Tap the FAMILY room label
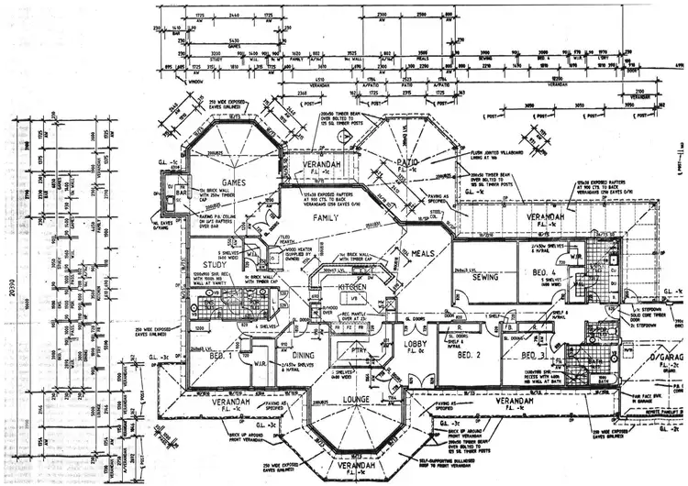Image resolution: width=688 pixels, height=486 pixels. coord(327,219)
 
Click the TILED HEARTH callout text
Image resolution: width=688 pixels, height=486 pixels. coord(274,237)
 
